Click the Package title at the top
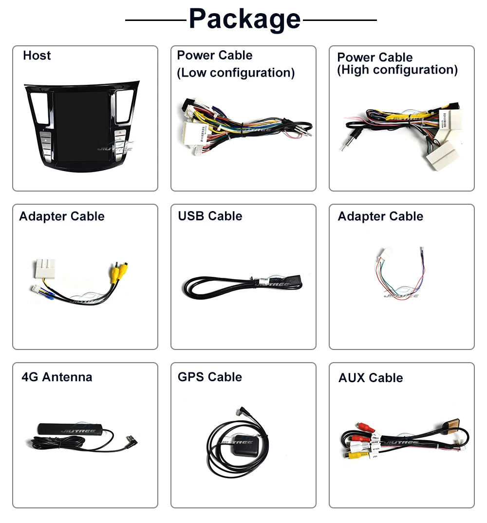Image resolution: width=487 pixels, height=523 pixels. click(x=244, y=19)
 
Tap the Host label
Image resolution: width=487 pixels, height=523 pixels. click(x=37, y=56)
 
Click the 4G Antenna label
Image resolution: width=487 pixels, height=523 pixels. click(x=57, y=377)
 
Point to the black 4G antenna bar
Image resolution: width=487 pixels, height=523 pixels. click(x=70, y=429)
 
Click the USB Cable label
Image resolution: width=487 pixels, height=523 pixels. click(x=210, y=216)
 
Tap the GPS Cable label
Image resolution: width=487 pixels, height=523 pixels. click(x=210, y=377)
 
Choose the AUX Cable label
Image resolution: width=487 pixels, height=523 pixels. click(x=371, y=378)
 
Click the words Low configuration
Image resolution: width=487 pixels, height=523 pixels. click(x=236, y=73)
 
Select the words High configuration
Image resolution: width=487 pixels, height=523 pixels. click(x=397, y=70)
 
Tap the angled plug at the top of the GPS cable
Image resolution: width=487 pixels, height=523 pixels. click(x=242, y=412)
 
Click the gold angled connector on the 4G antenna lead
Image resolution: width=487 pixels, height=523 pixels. click(x=130, y=440)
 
